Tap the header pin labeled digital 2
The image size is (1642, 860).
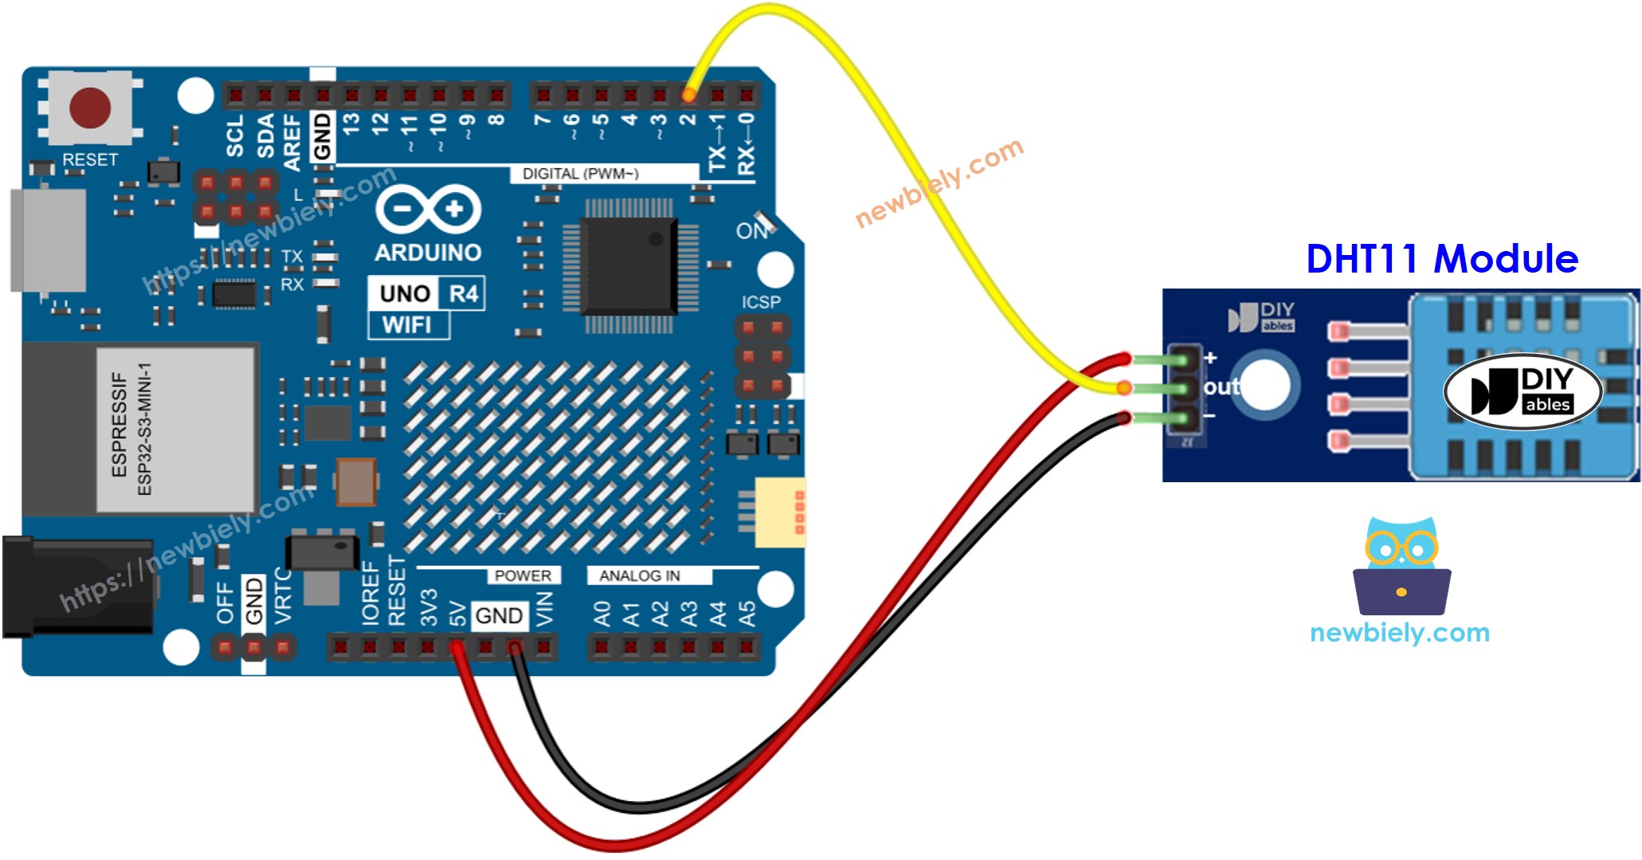click(x=688, y=96)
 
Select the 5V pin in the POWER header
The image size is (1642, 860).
click(x=457, y=646)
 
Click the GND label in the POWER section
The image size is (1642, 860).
click(x=499, y=615)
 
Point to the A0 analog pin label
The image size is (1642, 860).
click(x=602, y=614)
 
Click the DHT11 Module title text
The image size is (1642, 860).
click(x=1441, y=259)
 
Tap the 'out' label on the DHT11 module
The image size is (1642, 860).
click(x=1221, y=387)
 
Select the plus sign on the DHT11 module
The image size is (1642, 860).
click(x=1211, y=358)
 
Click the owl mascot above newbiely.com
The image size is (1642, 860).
click(x=1401, y=566)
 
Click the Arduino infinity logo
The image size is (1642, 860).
click(x=428, y=210)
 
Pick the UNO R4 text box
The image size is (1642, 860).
click(x=427, y=293)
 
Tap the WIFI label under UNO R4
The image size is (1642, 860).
click(x=406, y=325)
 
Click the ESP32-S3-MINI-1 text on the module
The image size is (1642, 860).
click(x=145, y=429)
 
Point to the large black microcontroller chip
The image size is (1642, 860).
click(x=629, y=265)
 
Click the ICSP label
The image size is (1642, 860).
click(x=761, y=302)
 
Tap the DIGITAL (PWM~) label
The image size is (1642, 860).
click(x=580, y=174)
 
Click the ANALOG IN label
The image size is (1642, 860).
click(x=640, y=575)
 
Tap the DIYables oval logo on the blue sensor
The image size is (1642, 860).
click(x=1522, y=391)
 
